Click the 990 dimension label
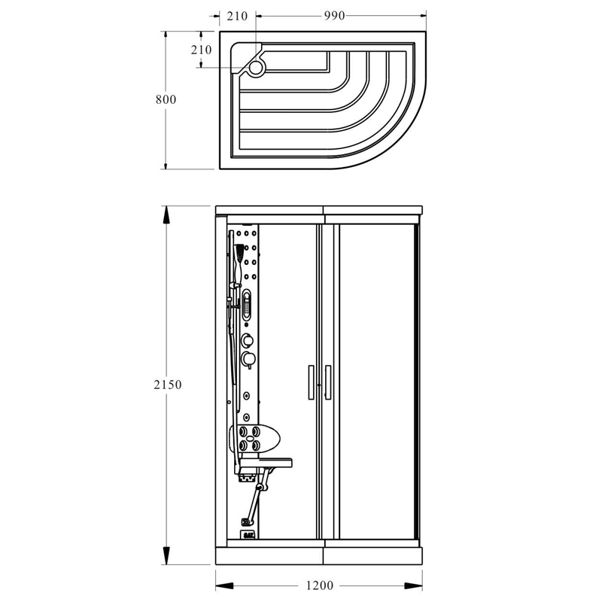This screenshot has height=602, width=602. coord(334,16)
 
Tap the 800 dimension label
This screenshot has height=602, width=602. coord(166,99)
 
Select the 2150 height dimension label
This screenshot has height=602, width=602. coord(167,385)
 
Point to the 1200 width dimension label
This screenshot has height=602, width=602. coord(319,585)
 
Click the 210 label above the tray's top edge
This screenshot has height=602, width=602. coord(237,16)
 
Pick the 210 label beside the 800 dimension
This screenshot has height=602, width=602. coord(202,50)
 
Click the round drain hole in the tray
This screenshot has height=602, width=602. coord(255,68)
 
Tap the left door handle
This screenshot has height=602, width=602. coord(311,382)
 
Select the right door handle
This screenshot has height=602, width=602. coord(328,382)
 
